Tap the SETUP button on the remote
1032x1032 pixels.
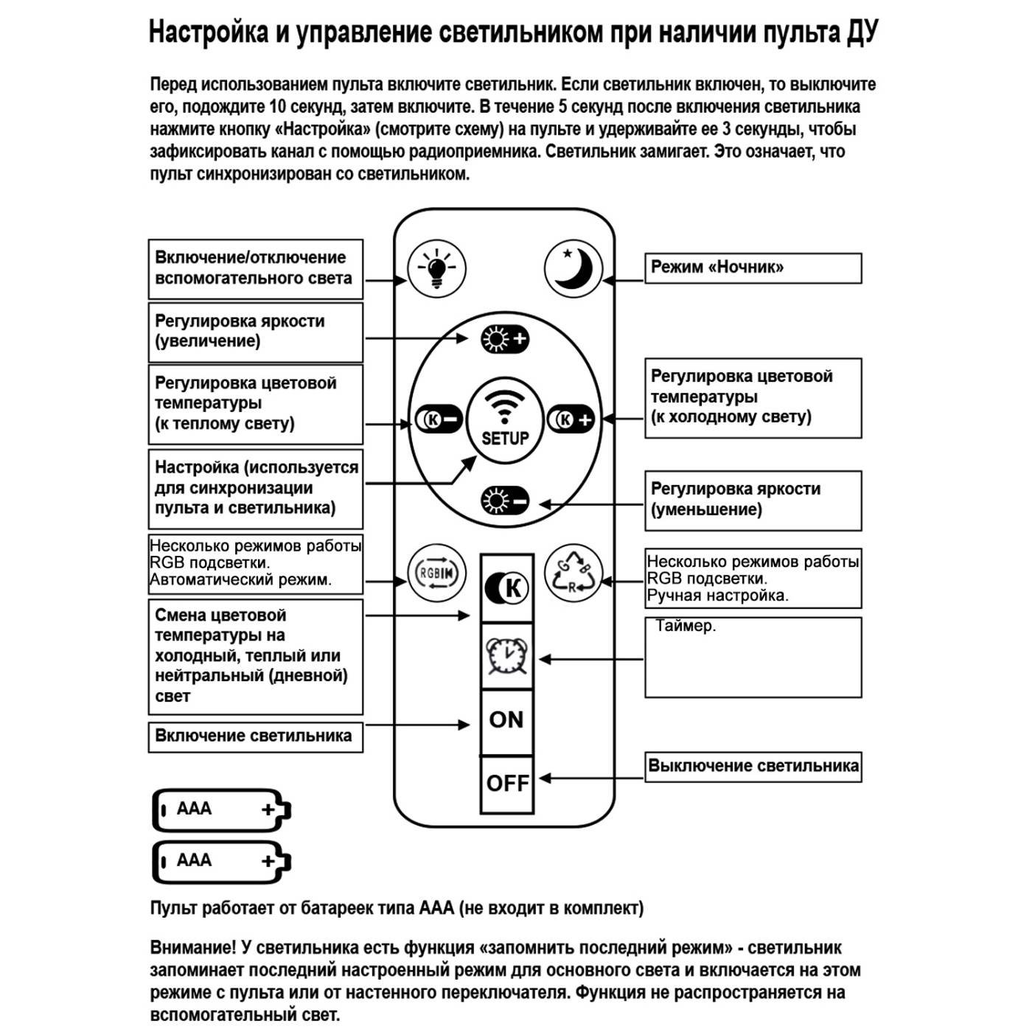point(505,420)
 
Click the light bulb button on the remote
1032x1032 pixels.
point(436,268)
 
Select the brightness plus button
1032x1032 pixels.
point(505,339)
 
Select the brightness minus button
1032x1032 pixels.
point(505,502)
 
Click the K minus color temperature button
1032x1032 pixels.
point(439,419)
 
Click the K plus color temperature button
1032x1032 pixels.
point(571,419)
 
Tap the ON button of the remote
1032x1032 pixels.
point(506,720)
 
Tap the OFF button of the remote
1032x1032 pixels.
point(507,783)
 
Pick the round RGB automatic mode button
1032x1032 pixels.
point(436,573)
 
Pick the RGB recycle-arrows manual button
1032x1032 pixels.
point(573,573)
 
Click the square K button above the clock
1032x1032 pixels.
point(506,588)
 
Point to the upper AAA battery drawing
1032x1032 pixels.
point(221,810)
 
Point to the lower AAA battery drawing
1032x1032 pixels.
point(221,861)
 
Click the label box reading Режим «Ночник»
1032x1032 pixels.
point(753,268)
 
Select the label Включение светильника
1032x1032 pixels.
point(255,736)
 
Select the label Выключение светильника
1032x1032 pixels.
point(753,767)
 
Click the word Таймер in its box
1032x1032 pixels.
point(685,627)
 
